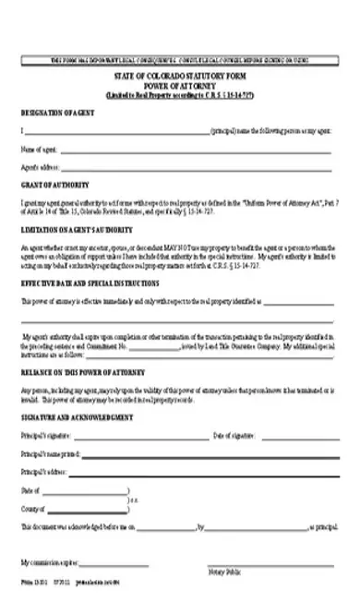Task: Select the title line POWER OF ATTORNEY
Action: [179, 87]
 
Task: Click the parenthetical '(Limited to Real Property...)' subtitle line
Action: [179, 95]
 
